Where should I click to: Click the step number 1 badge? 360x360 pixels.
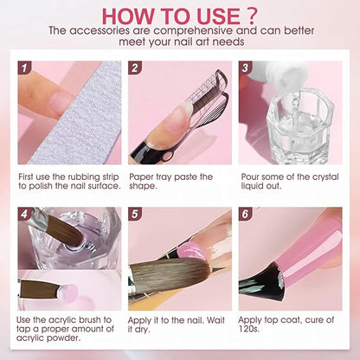click(24, 67)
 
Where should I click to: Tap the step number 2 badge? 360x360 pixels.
click(135, 67)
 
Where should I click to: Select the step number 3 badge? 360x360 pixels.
click(246, 67)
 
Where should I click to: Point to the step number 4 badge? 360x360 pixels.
click(24, 214)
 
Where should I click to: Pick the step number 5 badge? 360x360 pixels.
click(135, 214)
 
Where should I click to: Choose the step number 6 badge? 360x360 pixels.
click(246, 214)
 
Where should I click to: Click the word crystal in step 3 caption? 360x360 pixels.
click(323, 177)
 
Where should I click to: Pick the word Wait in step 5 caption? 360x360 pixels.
click(215, 320)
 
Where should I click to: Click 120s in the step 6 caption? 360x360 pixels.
click(248, 329)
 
